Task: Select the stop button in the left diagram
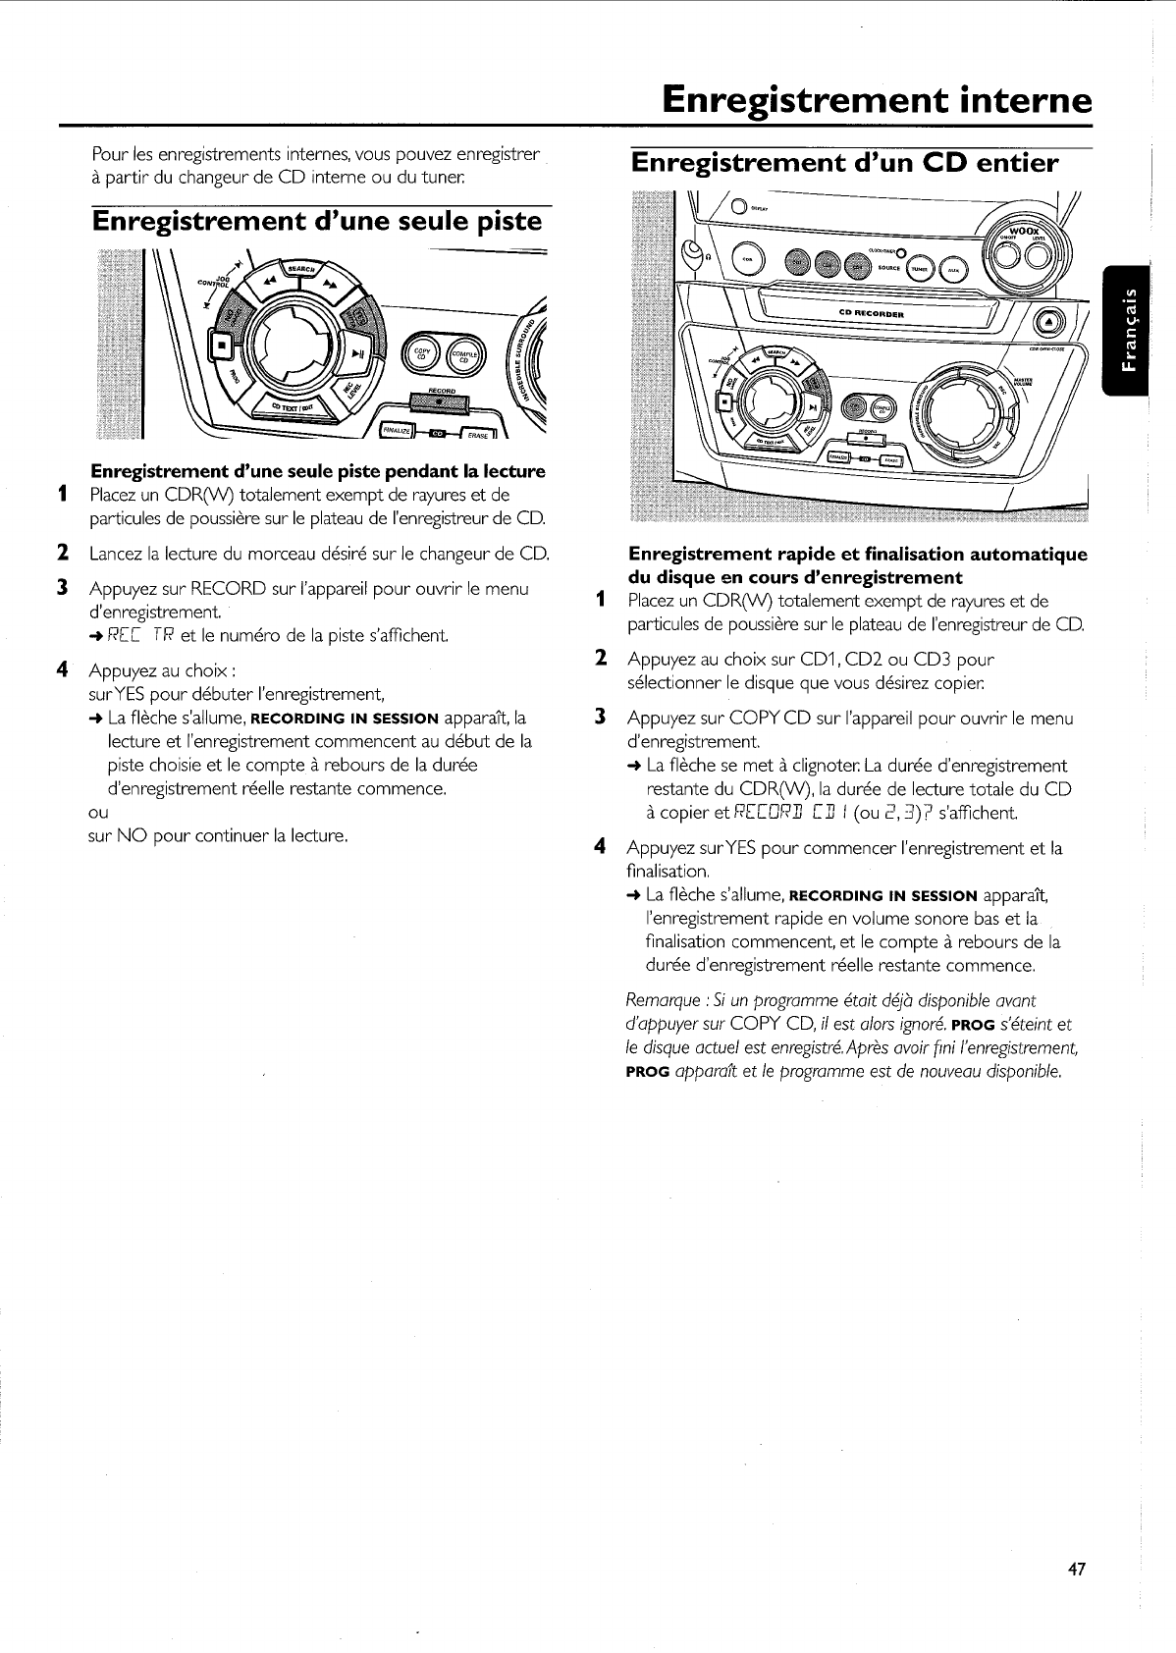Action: pyautogui.click(x=223, y=347)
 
